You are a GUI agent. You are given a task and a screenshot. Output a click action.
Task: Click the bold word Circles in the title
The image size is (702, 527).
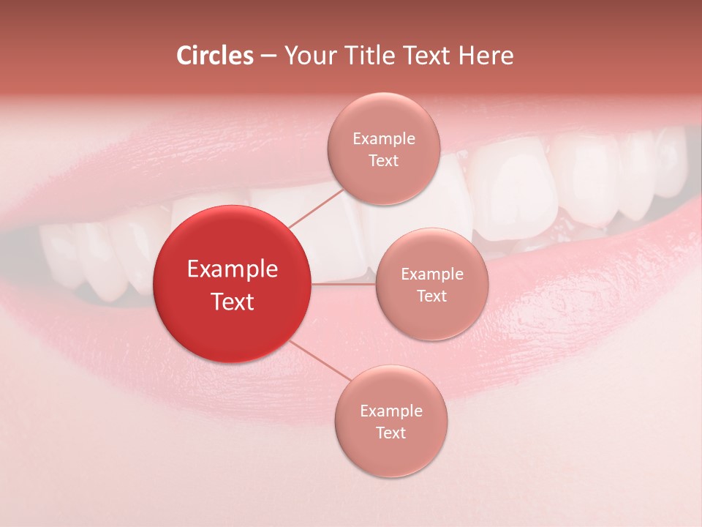click(x=214, y=56)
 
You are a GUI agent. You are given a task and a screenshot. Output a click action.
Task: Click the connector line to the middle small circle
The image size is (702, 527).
click(x=343, y=284)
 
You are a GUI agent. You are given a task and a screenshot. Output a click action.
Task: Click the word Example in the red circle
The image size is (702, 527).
click(x=233, y=269)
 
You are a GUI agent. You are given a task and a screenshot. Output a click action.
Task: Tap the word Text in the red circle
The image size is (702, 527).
click(x=233, y=302)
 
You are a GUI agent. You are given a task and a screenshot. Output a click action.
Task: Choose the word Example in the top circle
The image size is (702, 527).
click(x=383, y=139)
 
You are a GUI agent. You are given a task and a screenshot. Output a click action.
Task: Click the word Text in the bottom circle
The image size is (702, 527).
click(x=390, y=433)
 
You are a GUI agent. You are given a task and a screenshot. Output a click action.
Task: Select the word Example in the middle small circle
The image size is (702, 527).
click(x=431, y=274)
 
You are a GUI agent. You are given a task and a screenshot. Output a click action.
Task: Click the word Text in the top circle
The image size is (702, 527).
click(x=383, y=160)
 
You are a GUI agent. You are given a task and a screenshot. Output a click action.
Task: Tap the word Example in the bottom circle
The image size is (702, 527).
click(x=390, y=411)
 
